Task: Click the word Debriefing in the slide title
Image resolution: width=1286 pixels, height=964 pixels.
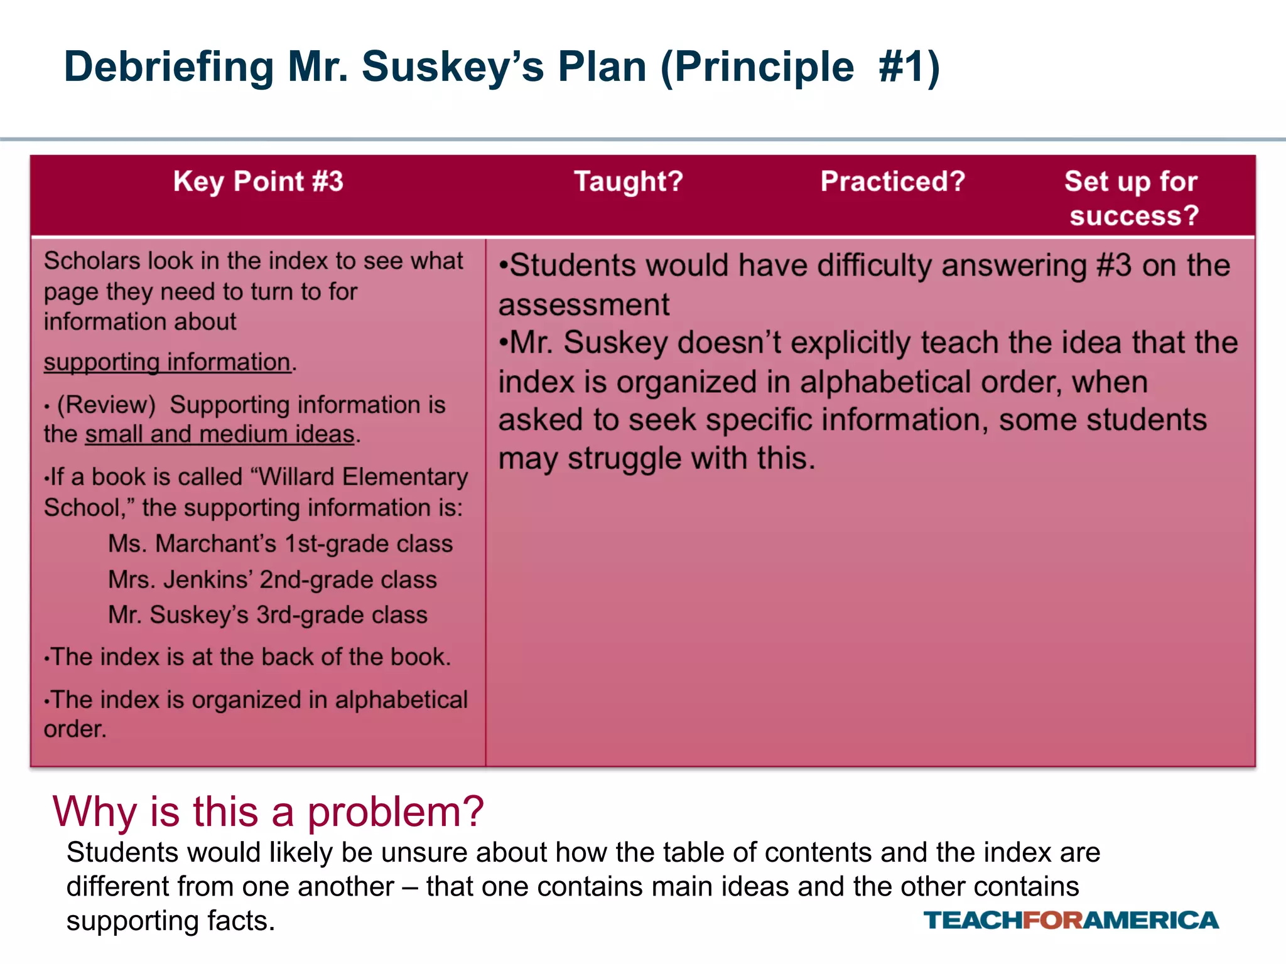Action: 169,68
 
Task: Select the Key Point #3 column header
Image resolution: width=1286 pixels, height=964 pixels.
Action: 258,182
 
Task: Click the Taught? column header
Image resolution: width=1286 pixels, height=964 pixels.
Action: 629,182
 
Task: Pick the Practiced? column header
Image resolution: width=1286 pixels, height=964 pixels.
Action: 892,182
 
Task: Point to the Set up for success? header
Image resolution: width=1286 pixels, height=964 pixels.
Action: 1132,198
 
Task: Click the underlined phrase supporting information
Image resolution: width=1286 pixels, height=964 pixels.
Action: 167,362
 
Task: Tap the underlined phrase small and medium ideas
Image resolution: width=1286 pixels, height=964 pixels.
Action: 220,434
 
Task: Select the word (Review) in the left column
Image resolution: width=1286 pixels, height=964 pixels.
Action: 106,405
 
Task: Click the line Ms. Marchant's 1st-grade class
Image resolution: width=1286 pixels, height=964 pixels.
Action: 280,544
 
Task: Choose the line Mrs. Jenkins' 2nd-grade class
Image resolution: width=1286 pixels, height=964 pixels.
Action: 272,579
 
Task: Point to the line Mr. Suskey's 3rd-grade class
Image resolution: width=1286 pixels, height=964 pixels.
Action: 267,615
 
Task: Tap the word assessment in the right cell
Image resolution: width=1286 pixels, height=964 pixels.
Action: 584,305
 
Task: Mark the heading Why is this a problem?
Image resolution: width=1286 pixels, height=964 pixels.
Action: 268,811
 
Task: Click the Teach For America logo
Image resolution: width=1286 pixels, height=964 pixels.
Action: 1071,920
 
